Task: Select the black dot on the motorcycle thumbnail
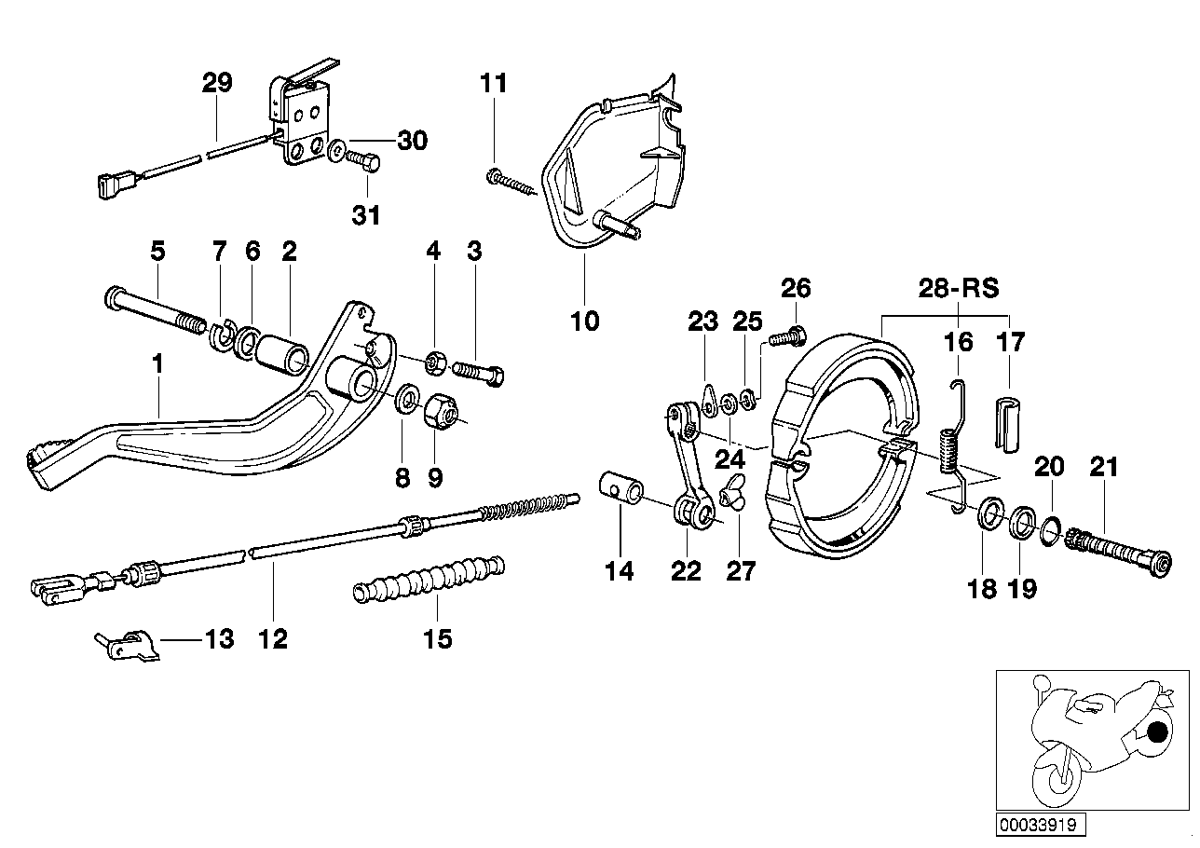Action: click(1157, 732)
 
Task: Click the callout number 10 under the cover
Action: click(585, 322)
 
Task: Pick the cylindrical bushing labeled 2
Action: click(281, 356)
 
